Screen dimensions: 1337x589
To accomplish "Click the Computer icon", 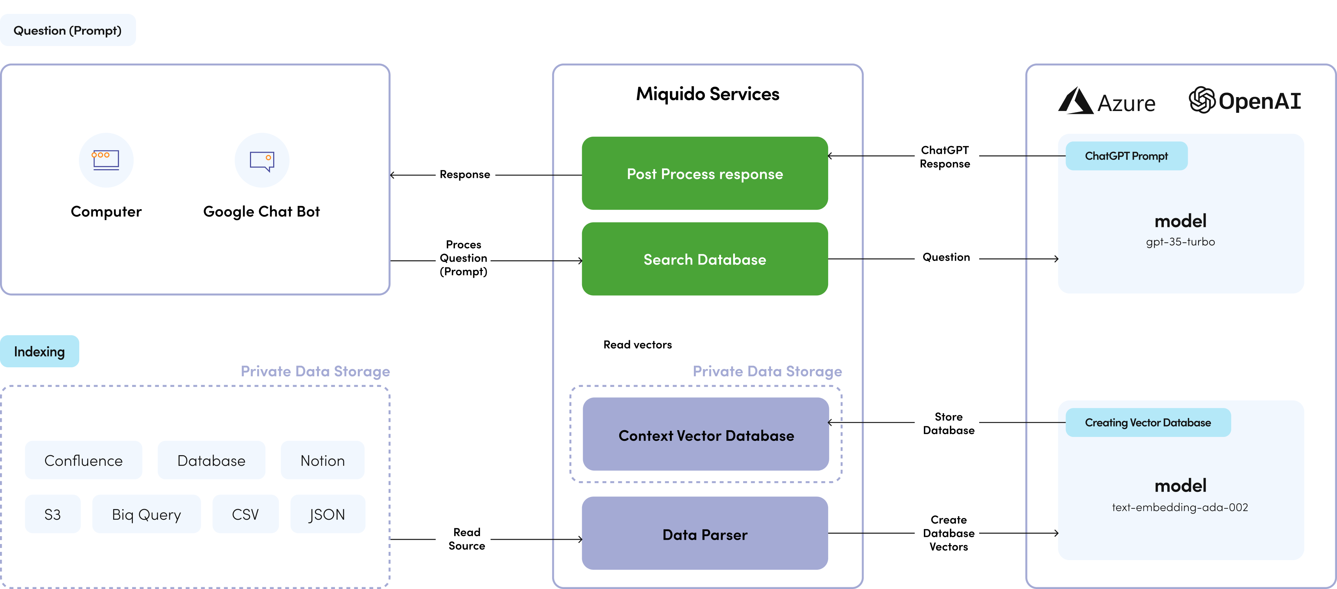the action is click(106, 160).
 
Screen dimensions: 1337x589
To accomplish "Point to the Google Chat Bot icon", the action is click(262, 160).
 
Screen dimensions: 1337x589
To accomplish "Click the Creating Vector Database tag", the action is click(1148, 422).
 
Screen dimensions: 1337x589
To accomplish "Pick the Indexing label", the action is click(39, 351).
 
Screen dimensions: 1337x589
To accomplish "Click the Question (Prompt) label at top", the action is click(67, 30).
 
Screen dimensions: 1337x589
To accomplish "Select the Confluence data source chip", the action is click(84, 460).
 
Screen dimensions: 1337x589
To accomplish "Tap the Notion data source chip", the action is click(322, 460).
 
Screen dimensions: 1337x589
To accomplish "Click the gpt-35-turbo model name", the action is click(1180, 242).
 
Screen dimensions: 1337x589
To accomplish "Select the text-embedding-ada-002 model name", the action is click(1180, 508).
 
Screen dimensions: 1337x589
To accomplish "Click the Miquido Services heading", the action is click(707, 94).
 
